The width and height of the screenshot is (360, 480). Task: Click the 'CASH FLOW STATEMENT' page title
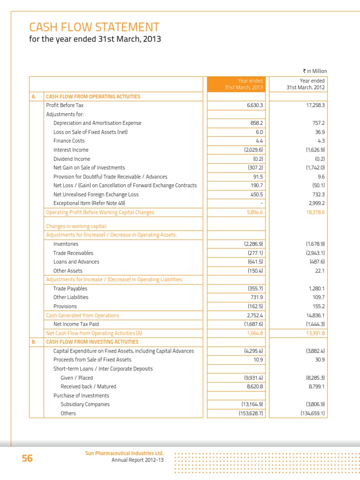coord(94,27)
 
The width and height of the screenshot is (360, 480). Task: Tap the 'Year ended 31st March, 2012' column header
coord(306,84)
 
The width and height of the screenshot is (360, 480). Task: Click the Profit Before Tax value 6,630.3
coord(255,105)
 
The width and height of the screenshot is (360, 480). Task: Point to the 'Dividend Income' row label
coord(72,159)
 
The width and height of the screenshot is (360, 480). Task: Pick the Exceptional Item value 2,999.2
coord(315,203)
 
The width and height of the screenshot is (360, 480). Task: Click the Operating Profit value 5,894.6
coord(255,212)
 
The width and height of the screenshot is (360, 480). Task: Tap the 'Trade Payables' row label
coord(70,289)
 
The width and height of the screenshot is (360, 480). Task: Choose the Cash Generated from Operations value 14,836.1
coord(314,315)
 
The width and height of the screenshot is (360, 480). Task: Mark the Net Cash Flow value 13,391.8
coord(315,333)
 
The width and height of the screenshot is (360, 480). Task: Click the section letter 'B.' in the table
coord(34,342)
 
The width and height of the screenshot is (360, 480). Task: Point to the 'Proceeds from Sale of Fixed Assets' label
coord(92,360)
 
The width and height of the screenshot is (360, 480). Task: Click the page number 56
coord(27,458)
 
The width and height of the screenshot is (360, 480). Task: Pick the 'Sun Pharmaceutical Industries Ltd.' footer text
coord(124,453)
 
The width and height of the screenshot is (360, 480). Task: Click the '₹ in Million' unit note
coord(315,71)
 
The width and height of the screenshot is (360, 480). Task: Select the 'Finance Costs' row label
coord(69,141)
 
